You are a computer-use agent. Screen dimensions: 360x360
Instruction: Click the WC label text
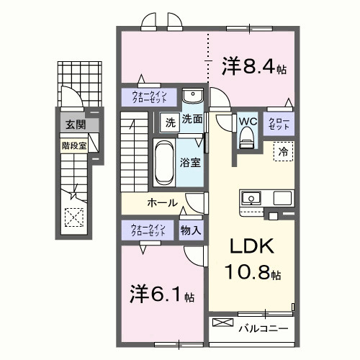(x=248, y=121)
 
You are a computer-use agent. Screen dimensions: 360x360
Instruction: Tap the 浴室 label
(x=191, y=163)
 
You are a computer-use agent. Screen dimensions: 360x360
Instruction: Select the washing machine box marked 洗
(x=170, y=122)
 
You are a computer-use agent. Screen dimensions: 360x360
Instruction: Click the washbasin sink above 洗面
(x=192, y=97)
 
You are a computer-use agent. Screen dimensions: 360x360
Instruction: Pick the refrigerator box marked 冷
(x=283, y=153)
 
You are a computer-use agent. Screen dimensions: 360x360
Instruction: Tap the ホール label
(x=162, y=202)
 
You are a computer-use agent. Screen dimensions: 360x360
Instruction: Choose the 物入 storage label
(x=191, y=230)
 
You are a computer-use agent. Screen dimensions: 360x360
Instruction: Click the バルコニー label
(x=264, y=329)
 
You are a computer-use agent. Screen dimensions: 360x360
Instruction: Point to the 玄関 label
(x=75, y=125)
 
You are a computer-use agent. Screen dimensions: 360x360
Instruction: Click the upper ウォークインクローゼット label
(x=149, y=96)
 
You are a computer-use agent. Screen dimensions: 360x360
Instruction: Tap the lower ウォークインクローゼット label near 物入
(x=149, y=230)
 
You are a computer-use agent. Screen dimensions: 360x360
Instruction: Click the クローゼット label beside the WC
(x=279, y=123)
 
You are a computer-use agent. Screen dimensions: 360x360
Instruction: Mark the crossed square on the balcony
(x=223, y=328)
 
